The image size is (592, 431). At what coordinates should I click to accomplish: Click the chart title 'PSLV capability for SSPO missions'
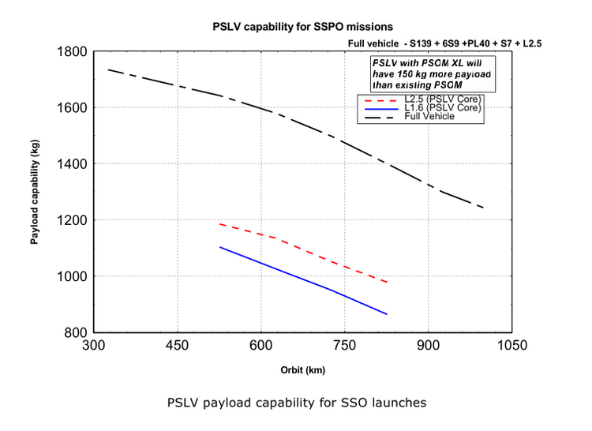point(303,27)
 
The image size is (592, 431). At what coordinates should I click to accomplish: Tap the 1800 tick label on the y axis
point(72,51)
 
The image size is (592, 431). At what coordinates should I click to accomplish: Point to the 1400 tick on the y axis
point(72,163)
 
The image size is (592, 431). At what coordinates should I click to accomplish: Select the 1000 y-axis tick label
point(72,276)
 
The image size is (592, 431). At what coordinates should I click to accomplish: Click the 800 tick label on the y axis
point(76,332)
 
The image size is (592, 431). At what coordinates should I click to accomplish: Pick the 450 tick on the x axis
point(177,345)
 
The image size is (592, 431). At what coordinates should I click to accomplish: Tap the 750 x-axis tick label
point(344,345)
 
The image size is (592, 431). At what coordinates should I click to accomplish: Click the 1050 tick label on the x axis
point(512,345)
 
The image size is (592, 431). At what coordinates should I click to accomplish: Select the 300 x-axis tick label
point(94,345)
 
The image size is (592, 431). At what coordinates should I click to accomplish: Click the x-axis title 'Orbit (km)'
point(303,370)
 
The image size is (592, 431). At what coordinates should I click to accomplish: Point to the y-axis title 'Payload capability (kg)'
point(35,192)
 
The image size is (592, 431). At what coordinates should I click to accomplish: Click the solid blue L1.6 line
point(304,279)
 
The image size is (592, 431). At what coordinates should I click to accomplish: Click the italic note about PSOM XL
point(432,74)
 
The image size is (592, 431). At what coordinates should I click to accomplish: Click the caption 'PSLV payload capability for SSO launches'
point(297,403)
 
